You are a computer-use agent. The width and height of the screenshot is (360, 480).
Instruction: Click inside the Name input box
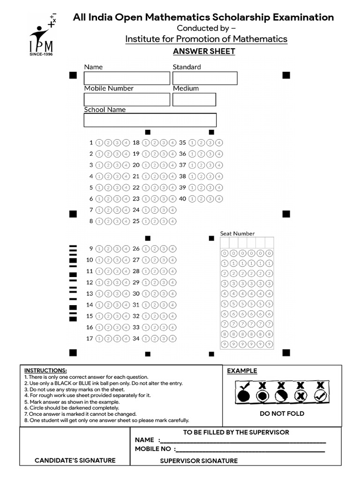pyautogui.click(x=127, y=78)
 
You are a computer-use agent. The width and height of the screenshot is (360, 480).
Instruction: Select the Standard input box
pyautogui.click(x=205, y=78)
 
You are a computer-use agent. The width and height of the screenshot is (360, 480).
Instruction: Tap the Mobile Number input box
pyautogui.click(x=127, y=99)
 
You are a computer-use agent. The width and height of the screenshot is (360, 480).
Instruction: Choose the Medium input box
pyautogui.click(x=194, y=99)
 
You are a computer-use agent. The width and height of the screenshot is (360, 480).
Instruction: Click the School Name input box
pyautogui.click(x=150, y=120)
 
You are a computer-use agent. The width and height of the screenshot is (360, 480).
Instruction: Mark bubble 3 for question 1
pyautogui.click(x=117, y=142)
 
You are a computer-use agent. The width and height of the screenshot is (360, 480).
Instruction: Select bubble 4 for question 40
pyautogui.click(x=219, y=199)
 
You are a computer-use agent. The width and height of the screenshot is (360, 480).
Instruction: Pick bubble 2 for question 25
pyautogui.click(x=155, y=221)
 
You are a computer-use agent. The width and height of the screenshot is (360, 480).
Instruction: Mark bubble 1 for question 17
pyautogui.click(x=99, y=338)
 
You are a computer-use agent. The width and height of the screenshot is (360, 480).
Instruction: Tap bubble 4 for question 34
pyautogui.click(x=172, y=338)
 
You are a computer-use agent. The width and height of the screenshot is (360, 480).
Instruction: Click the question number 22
pyautogui.click(x=136, y=187)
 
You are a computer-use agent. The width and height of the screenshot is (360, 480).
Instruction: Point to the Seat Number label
pyautogui.click(x=238, y=233)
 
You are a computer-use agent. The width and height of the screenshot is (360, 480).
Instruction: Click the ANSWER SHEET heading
pyautogui.click(x=204, y=52)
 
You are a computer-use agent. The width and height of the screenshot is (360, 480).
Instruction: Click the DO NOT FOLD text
pyautogui.click(x=282, y=413)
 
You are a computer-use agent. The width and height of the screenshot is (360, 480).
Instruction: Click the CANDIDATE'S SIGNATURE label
pyautogui.click(x=75, y=460)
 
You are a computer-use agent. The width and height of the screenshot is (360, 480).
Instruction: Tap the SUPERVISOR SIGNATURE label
pyautogui.click(x=199, y=461)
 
